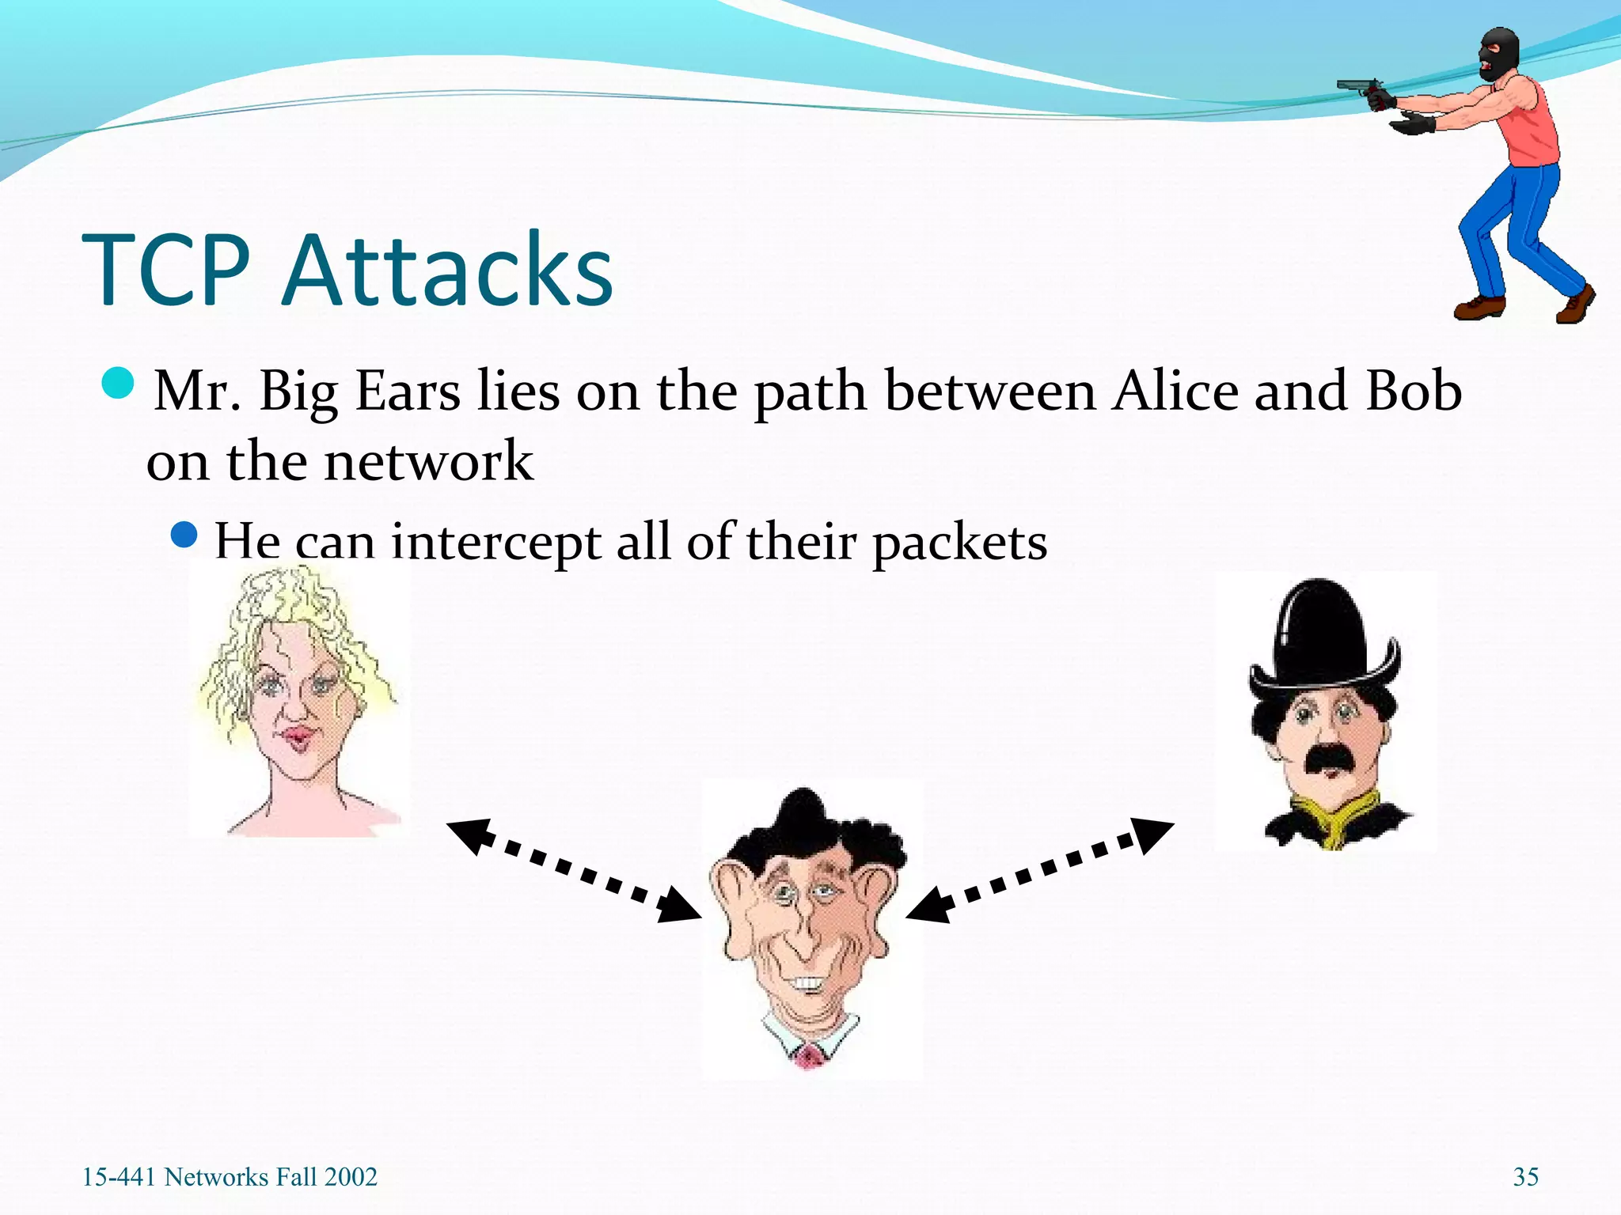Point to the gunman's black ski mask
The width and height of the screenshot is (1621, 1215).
pos(1498,54)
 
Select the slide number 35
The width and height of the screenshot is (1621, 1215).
pos(1525,1177)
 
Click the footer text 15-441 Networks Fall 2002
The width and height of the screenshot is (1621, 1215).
pos(230,1177)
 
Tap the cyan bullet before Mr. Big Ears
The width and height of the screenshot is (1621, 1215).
pos(119,384)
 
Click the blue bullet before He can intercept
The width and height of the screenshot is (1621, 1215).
pos(184,535)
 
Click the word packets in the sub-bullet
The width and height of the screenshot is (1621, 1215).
pos(959,544)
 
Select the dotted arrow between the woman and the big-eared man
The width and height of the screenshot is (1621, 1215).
pos(574,870)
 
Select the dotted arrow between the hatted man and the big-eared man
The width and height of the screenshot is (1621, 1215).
pos(1039,870)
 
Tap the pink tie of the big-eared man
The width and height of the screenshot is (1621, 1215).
pos(809,1056)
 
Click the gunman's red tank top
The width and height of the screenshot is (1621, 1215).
pos(1532,127)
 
